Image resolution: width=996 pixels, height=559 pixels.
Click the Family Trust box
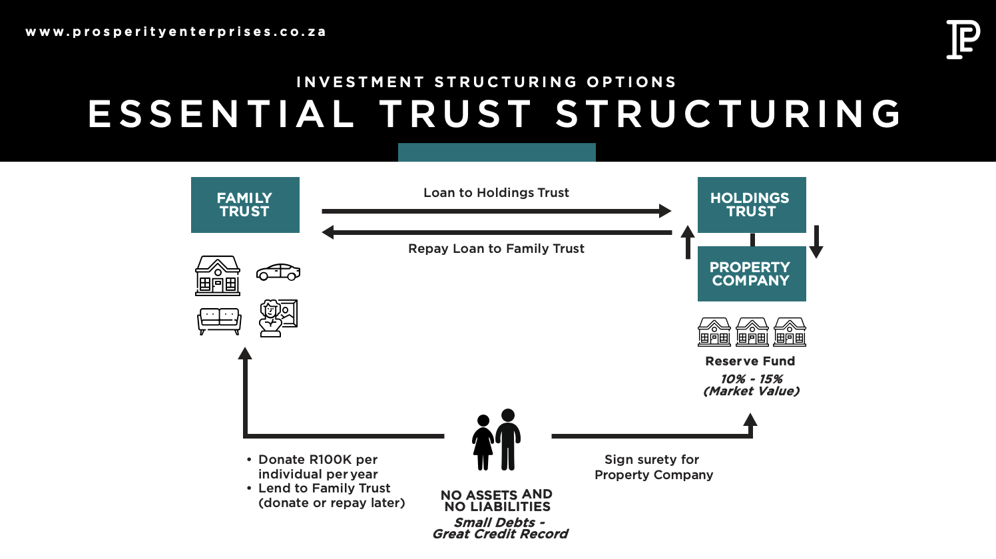(245, 205)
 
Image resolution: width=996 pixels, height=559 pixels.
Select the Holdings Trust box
(752, 205)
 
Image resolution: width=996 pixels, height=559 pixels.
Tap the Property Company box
(752, 274)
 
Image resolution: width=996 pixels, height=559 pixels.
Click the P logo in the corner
(963, 39)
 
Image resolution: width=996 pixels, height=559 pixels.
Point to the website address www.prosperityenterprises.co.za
(176, 32)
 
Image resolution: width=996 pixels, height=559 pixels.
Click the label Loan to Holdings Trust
(496, 193)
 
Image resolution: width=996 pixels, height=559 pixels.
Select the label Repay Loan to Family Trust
(496, 249)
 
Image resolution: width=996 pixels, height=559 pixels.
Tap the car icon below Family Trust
(278, 272)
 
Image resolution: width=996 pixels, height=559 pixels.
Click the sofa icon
(219, 321)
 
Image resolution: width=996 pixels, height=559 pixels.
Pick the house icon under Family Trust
(218, 276)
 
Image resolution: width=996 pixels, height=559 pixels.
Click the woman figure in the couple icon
(483, 443)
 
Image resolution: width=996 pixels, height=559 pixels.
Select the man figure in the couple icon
(509, 439)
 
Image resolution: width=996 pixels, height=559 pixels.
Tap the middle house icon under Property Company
(752, 331)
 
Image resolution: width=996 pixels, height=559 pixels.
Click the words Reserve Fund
(750, 361)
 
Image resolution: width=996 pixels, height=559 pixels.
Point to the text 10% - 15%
(751, 379)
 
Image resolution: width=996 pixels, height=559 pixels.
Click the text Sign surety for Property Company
(653, 467)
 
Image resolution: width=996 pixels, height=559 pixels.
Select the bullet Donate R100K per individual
(318, 466)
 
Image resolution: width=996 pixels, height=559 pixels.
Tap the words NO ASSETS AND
(496, 494)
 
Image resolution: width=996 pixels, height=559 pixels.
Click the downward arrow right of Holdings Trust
(816, 242)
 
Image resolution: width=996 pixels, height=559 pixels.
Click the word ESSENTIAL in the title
(222, 114)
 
